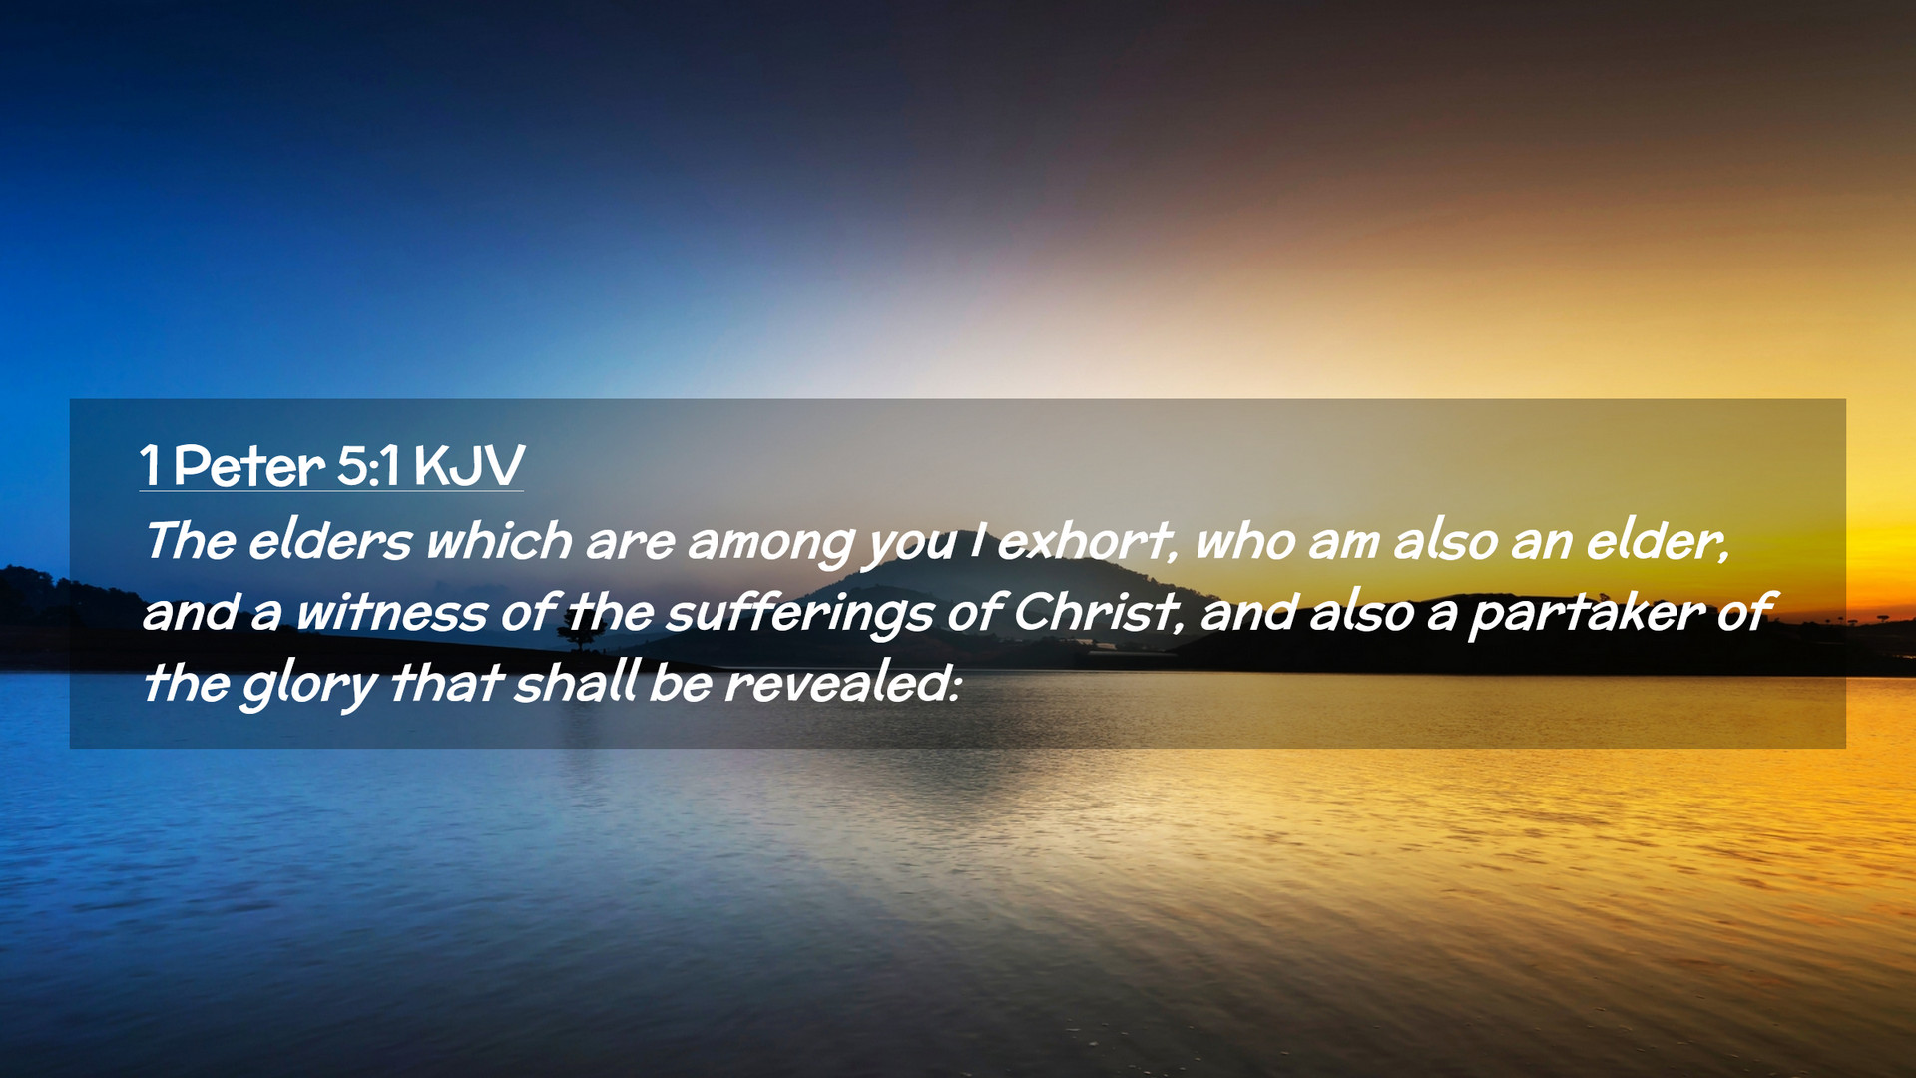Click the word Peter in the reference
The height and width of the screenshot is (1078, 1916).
pyautogui.click(x=248, y=466)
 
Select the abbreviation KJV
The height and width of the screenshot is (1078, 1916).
pyautogui.click(x=469, y=466)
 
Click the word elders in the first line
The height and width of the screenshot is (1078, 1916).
pyautogui.click(x=329, y=541)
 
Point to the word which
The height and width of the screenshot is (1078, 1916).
pyautogui.click(x=499, y=541)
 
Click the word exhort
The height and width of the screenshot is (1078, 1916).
pyautogui.click(x=1087, y=541)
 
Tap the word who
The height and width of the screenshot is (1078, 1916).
pyautogui.click(x=1244, y=541)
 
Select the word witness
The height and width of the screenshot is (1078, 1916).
pyautogui.click(x=391, y=612)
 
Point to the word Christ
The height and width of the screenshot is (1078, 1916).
pyautogui.click(x=1097, y=612)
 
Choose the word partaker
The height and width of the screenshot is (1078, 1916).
pyautogui.click(x=1586, y=615)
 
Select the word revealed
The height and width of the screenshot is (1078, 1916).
pyautogui.click(x=841, y=683)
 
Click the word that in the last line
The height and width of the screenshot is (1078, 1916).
pyautogui.click(x=444, y=683)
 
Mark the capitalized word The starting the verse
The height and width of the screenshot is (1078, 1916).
pyautogui.click(x=190, y=541)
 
